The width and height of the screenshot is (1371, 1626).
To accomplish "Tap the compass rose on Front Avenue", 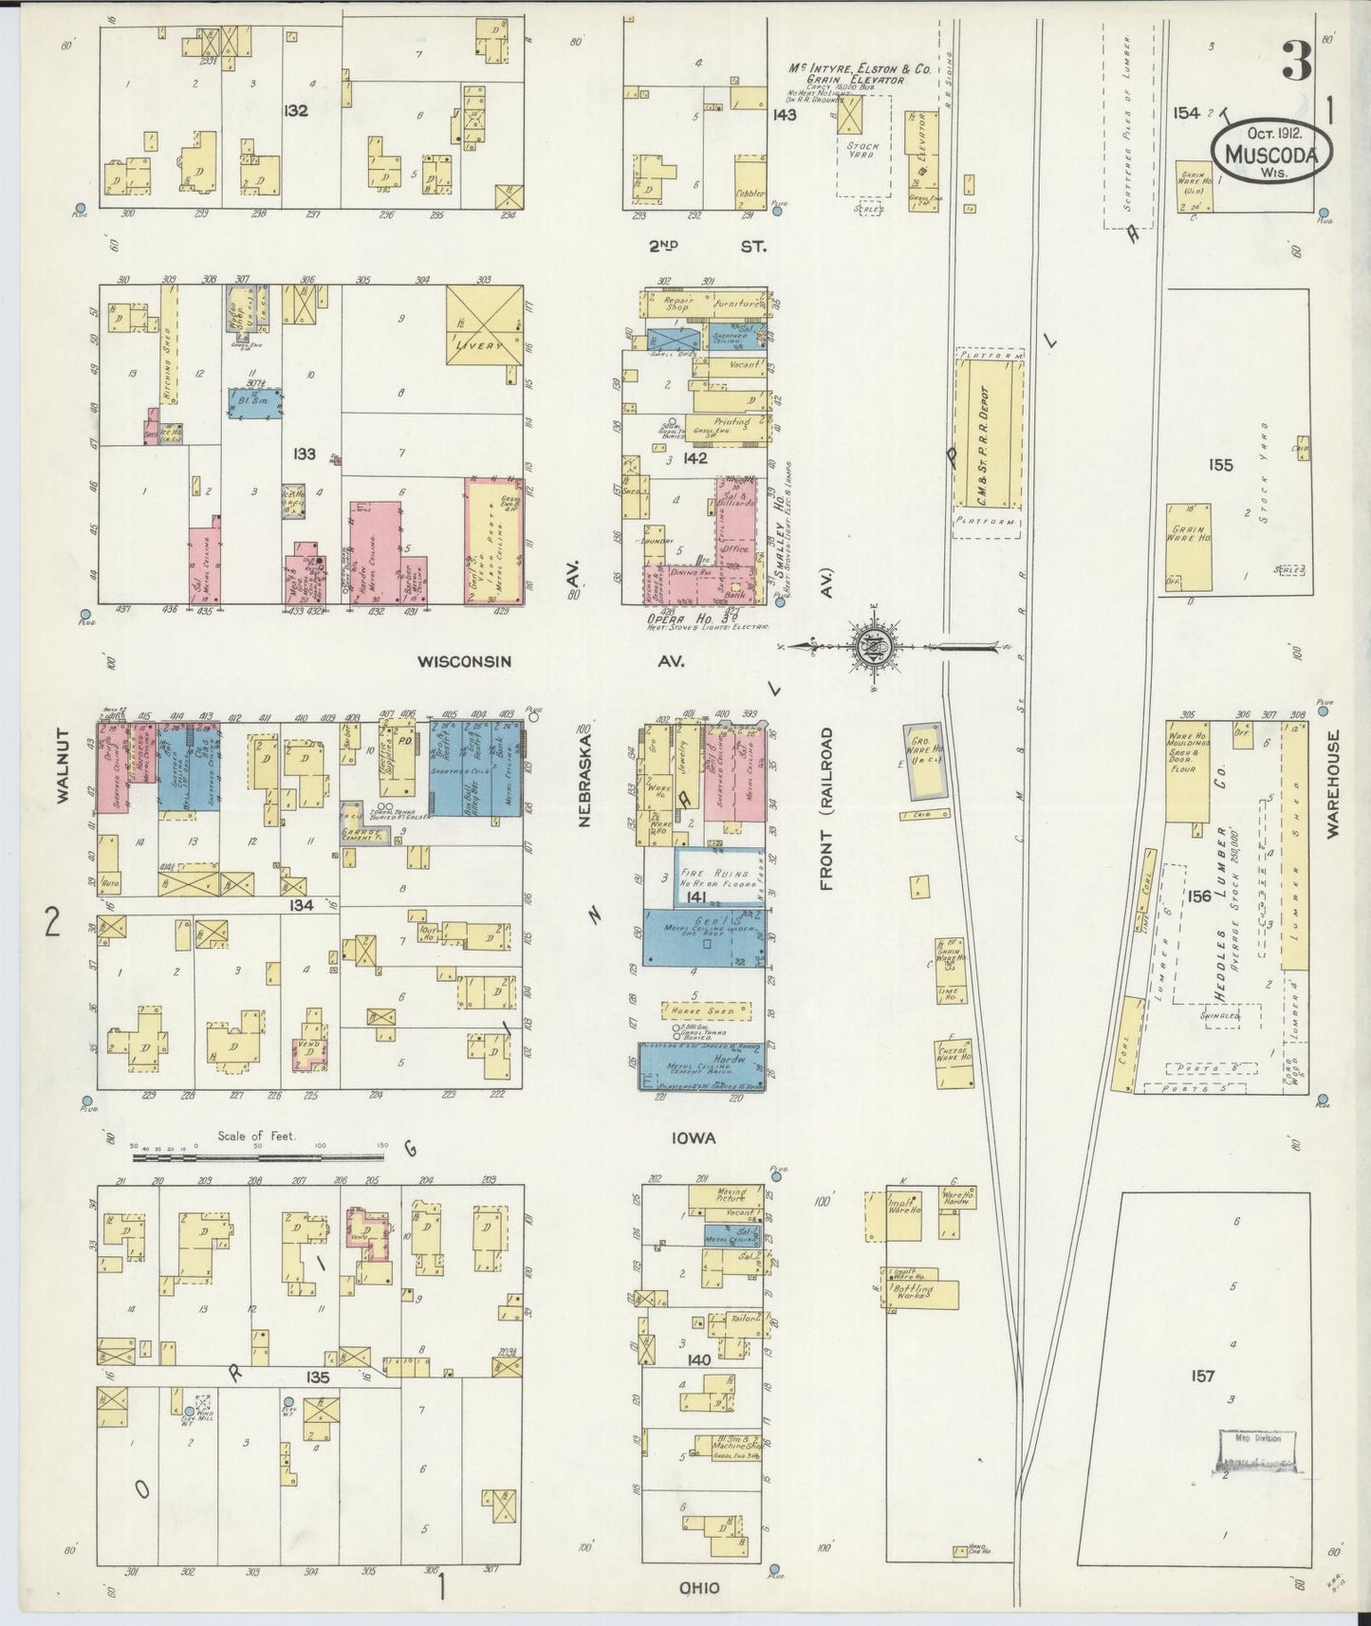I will [870, 648].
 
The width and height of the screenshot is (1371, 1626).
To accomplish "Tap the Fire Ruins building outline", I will [718, 877].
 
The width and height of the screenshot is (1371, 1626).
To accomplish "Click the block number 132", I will [295, 111].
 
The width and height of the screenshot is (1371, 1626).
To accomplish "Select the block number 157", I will [1202, 1376].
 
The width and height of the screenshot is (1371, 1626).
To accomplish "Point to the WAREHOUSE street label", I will [1332, 783].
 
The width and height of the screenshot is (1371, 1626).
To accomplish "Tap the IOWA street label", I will [696, 1138].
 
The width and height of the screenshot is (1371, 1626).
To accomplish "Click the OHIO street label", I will [698, 1588].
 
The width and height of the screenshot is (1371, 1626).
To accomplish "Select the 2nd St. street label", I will [700, 247].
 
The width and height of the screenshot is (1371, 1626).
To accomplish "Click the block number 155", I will [1220, 465].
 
